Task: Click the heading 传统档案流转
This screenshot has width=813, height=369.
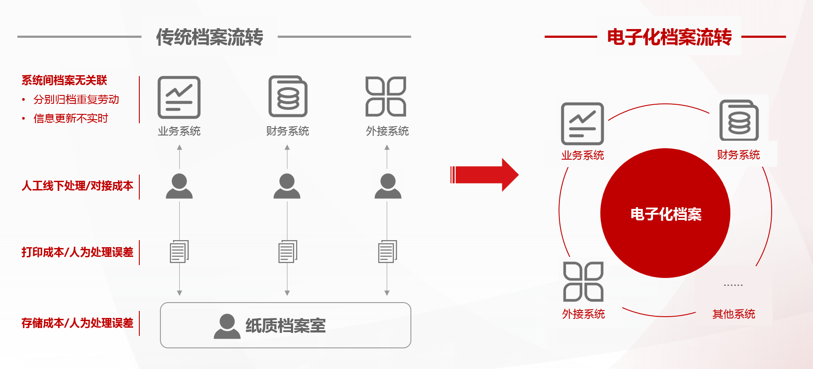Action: click(x=210, y=37)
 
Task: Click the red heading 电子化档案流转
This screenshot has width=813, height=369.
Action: click(x=669, y=37)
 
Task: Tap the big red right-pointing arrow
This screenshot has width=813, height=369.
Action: click(x=484, y=175)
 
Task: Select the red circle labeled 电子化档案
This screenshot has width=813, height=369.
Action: click(x=665, y=213)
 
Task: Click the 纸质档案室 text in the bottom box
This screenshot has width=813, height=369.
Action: click(x=286, y=325)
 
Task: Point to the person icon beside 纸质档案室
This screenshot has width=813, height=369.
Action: click(x=227, y=326)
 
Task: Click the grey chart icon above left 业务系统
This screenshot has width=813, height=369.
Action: click(x=179, y=97)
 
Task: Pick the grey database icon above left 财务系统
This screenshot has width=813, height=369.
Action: click(x=288, y=96)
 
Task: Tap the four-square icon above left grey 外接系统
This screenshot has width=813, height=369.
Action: click(x=386, y=96)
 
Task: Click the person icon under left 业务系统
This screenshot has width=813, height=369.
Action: click(x=179, y=186)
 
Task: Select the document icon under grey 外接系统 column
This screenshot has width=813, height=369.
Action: click(x=388, y=252)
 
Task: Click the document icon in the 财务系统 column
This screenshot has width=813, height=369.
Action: click(x=288, y=252)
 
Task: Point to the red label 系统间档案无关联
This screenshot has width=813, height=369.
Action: click(x=64, y=80)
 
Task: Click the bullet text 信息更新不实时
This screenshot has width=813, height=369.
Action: click(x=71, y=118)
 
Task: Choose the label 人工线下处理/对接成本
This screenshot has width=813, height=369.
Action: click(x=77, y=186)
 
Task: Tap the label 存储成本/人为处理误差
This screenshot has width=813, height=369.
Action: click(x=77, y=323)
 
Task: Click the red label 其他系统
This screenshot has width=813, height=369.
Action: click(x=734, y=314)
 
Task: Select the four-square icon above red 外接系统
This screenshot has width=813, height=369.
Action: click(x=584, y=281)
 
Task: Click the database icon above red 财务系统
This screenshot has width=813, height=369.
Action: click(x=739, y=121)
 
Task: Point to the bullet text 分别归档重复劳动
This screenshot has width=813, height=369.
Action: click(x=76, y=99)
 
